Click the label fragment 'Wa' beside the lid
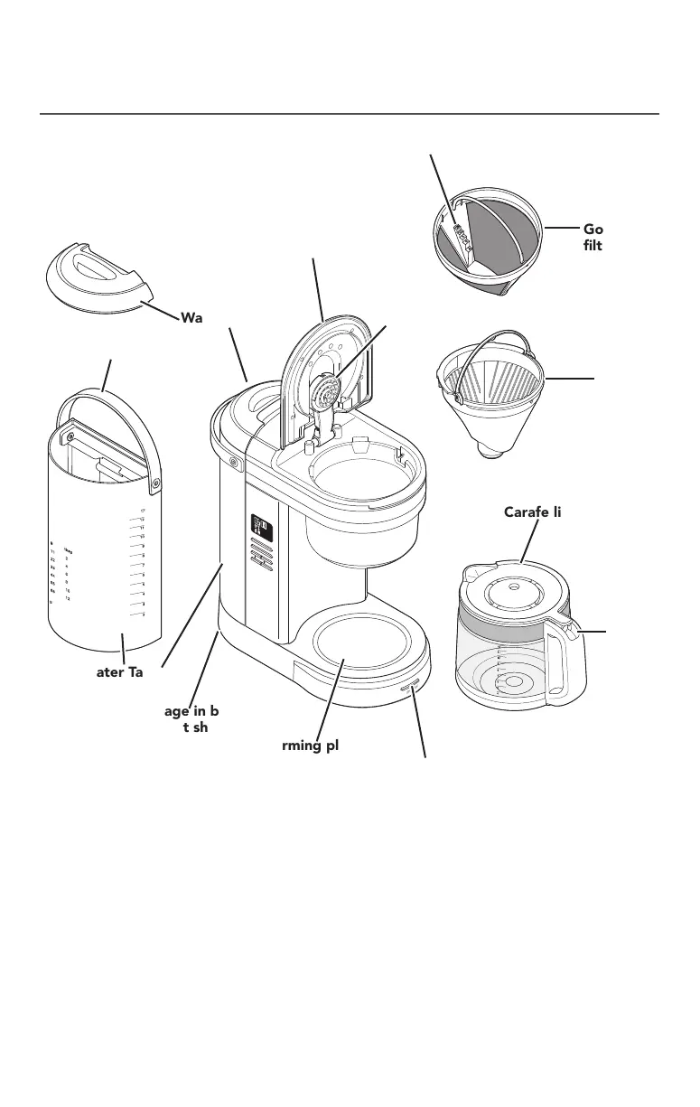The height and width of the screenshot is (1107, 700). click(192, 318)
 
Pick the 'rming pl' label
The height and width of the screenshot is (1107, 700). click(303, 746)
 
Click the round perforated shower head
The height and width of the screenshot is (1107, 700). click(325, 395)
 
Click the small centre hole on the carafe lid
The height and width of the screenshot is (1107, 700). click(512, 585)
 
